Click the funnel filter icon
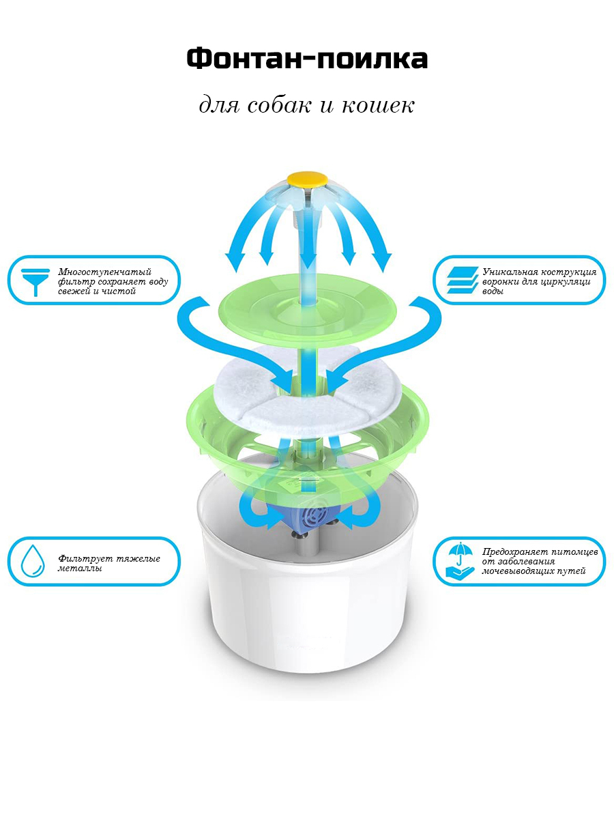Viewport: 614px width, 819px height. (x=35, y=282)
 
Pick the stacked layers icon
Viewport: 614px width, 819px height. (x=463, y=281)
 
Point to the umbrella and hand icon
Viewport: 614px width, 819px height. (x=460, y=562)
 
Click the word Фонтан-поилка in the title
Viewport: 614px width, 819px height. (x=307, y=59)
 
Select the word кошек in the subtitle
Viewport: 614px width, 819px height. (x=378, y=106)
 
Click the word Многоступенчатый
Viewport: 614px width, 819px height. (x=105, y=272)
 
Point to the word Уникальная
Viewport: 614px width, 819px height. (x=510, y=272)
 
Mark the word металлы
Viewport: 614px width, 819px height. (x=79, y=569)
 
